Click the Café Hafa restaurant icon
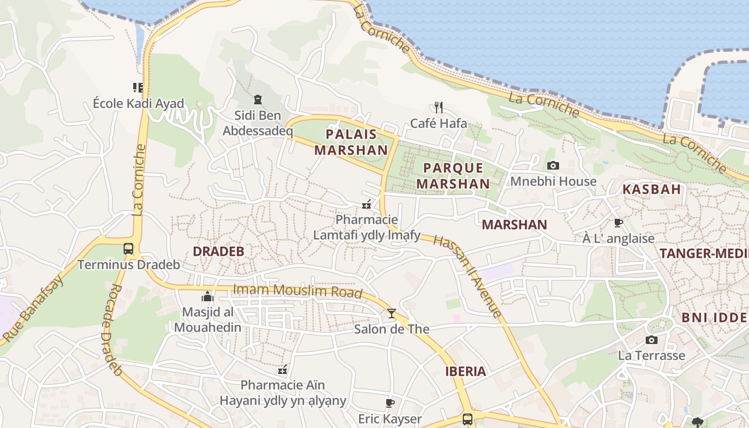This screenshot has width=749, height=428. (x=439, y=108)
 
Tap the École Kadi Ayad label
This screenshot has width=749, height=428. (x=138, y=103)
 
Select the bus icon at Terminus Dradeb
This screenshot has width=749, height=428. (x=128, y=248)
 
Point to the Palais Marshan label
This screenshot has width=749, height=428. (x=350, y=142)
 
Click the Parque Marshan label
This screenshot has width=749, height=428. (x=453, y=175)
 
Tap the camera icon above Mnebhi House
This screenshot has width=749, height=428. (x=553, y=166)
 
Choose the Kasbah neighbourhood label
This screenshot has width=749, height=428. (x=652, y=189)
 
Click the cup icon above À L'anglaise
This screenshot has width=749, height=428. (x=618, y=223)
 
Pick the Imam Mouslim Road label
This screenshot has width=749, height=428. (x=297, y=291)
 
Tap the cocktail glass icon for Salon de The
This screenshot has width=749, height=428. (x=392, y=313)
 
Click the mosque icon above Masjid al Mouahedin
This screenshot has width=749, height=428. (x=208, y=296)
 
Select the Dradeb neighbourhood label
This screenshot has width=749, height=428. (x=218, y=251)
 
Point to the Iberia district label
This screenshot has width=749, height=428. (x=465, y=371)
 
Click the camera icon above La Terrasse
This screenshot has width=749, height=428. (x=651, y=340)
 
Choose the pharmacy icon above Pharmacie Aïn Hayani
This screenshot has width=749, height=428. (x=283, y=369)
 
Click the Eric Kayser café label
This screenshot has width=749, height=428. (x=389, y=419)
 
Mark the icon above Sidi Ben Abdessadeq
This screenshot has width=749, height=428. (x=258, y=99)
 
